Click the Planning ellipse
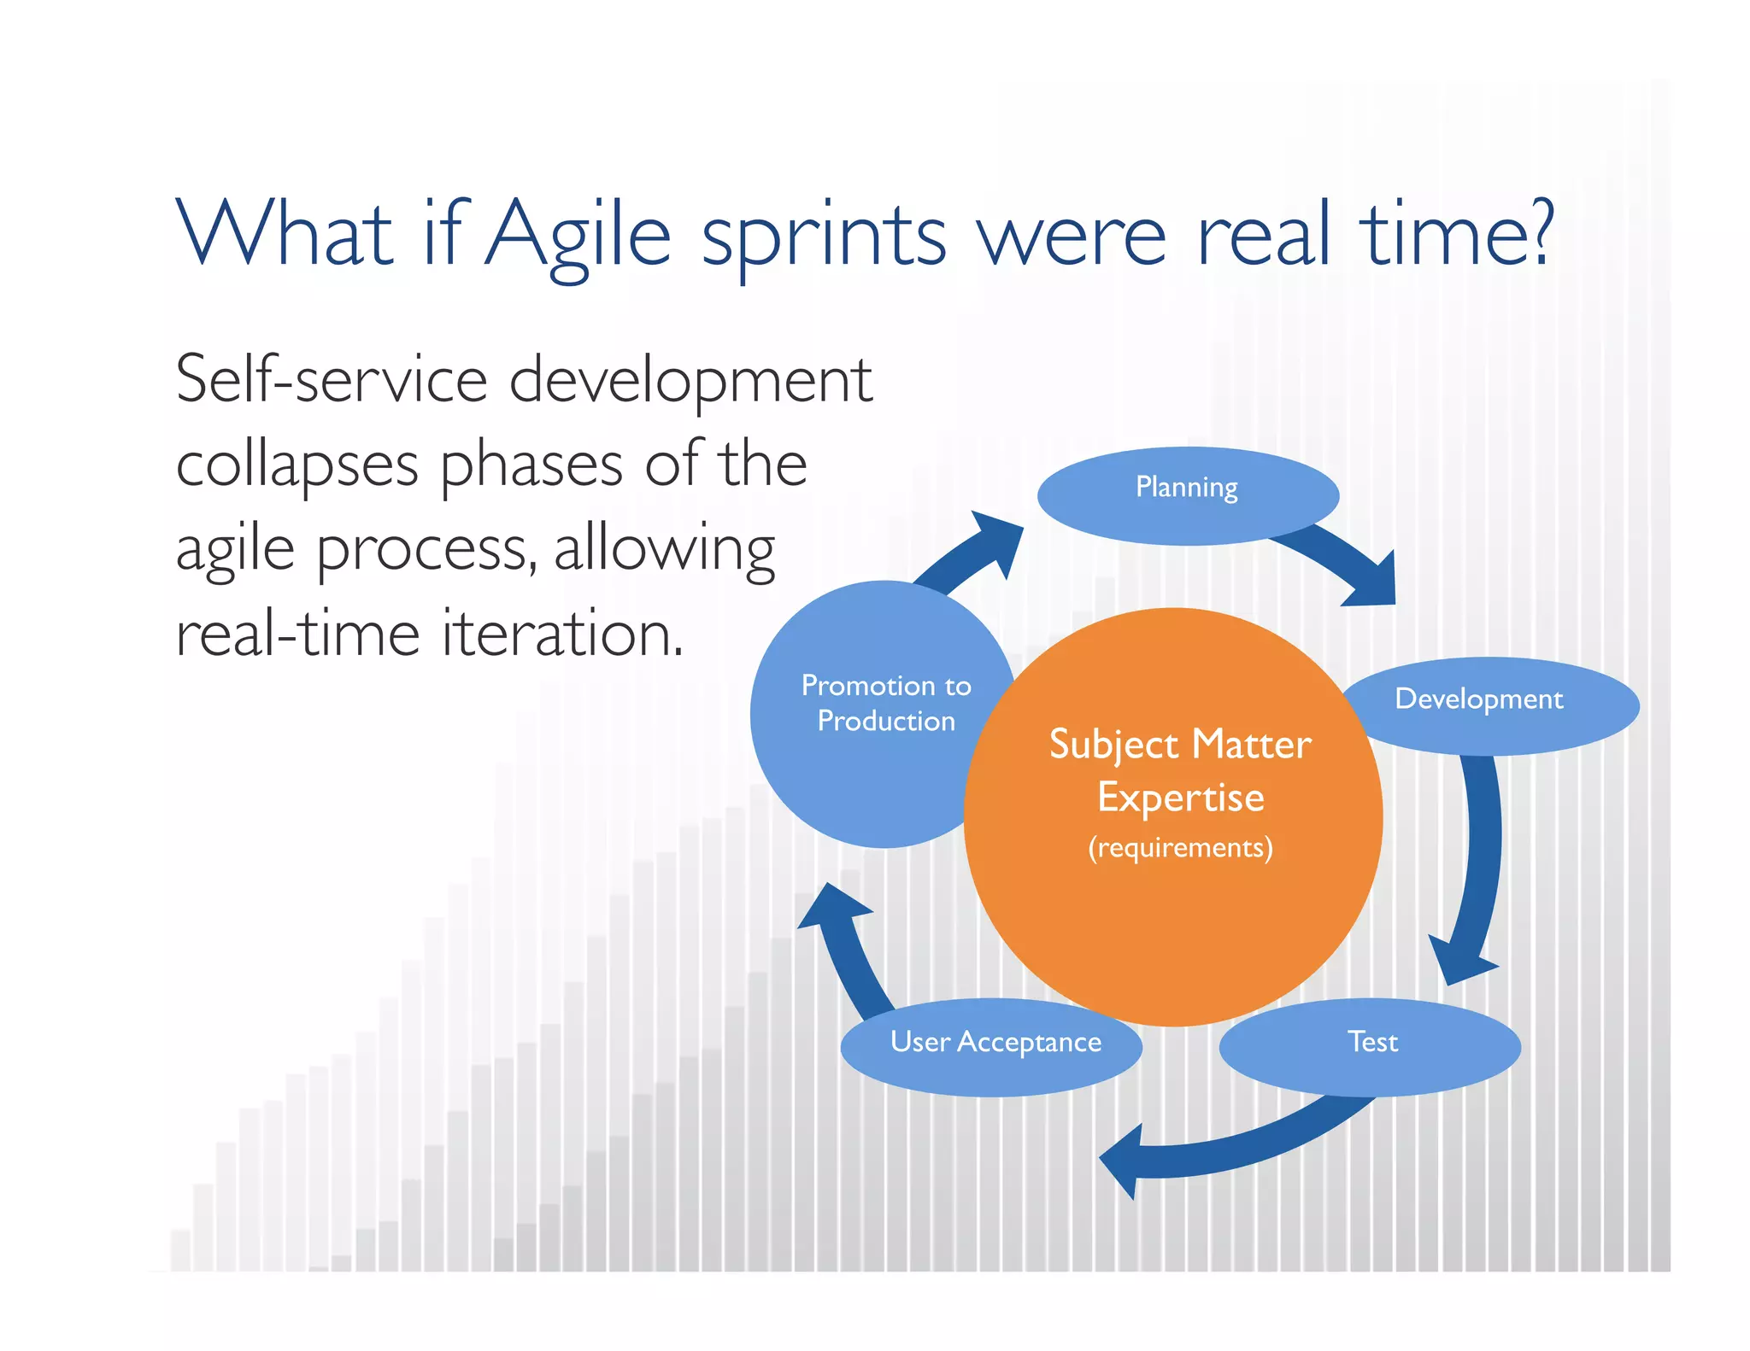coord(1187,495)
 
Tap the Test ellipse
coord(1370,1047)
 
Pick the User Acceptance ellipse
coord(992,1047)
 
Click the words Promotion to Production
coord(886,703)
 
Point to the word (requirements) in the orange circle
coord(1180,847)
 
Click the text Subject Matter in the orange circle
coord(1180,745)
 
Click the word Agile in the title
coord(578,235)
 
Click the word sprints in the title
coord(824,239)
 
